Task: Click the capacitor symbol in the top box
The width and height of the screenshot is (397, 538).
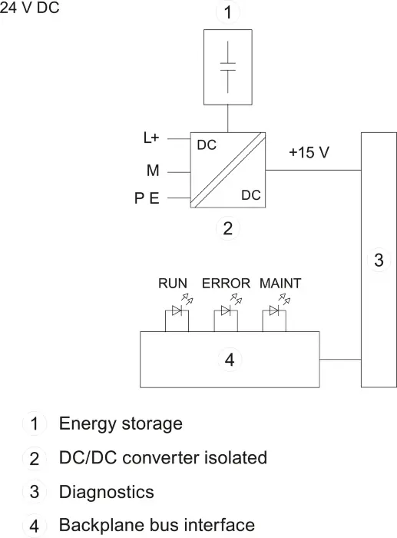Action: pos(228,67)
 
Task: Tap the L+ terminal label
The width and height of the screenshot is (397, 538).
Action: pos(151,138)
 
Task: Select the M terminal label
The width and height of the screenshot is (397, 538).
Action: pos(153,170)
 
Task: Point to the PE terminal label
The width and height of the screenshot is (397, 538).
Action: pos(147,198)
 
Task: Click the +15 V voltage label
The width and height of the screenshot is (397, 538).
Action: pos(309,152)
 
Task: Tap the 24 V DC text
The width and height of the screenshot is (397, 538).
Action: pos(29,8)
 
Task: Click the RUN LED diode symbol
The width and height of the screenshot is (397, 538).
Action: pos(177,311)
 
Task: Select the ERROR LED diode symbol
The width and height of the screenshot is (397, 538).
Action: pos(226,311)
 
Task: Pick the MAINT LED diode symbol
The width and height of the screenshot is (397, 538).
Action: pos(274,311)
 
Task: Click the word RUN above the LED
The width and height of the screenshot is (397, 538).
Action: pos(173,284)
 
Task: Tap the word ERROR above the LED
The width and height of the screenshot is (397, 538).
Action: pos(226,284)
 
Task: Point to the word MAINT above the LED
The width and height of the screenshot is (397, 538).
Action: pos(280,284)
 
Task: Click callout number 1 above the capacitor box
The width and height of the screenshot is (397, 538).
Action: pos(227,12)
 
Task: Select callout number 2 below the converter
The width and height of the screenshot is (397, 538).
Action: pos(227,228)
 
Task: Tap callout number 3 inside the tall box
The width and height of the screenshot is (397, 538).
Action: pos(379,260)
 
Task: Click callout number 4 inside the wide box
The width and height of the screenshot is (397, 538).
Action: pos(230,359)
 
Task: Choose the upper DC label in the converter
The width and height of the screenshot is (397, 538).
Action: pos(207,145)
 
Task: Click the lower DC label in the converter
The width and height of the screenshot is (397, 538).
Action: pos(251,195)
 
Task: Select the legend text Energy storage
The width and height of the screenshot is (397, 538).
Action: pos(121,423)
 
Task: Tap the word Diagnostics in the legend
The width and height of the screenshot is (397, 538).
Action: pos(107,492)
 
